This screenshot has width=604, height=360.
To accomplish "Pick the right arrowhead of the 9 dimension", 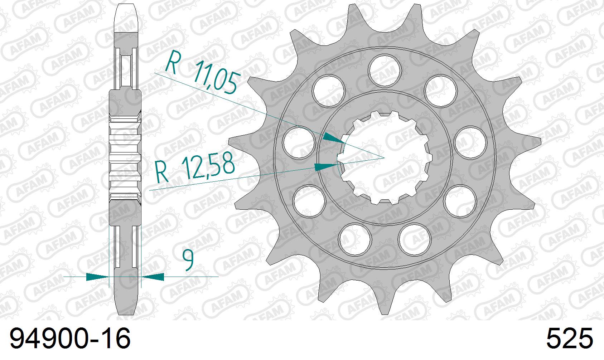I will (153, 277).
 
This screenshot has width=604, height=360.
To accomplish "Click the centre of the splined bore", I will (384, 157).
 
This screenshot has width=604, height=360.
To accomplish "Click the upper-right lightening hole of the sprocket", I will (441, 91).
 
